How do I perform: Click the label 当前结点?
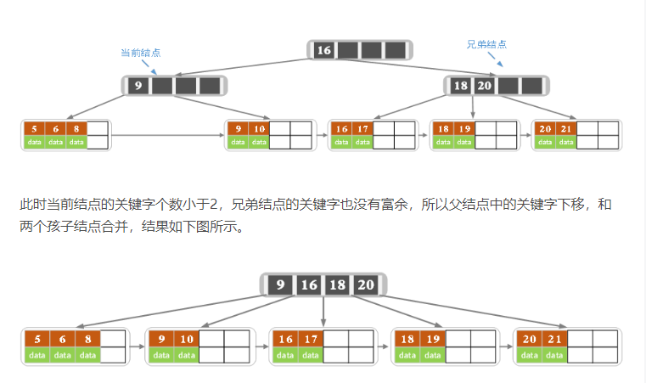point(140,53)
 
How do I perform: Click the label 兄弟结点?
point(486,44)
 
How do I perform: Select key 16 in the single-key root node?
point(323,50)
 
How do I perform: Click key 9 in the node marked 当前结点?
point(138,86)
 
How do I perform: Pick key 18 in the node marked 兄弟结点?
point(460,86)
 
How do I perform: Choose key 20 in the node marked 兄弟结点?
point(484,86)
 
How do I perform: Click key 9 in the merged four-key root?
point(280,285)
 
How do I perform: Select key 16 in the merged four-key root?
point(309,285)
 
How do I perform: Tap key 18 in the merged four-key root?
point(338,285)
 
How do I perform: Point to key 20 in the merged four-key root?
point(365,285)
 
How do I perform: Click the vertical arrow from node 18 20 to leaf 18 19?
point(473,108)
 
